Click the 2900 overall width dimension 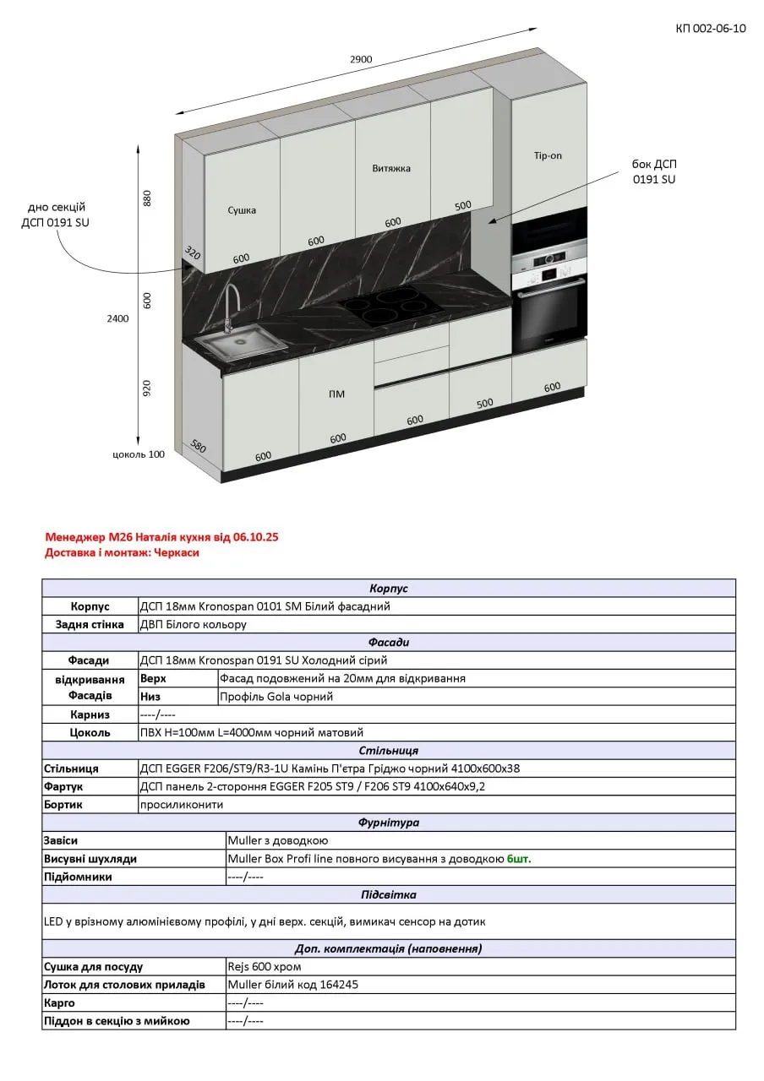click(x=361, y=59)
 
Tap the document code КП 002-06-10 click(x=711, y=29)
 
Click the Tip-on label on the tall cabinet click(x=548, y=155)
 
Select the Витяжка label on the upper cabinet click(x=391, y=168)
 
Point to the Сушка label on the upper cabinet click(x=242, y=210)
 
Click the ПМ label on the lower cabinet click(x=336, y=394)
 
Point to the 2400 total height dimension click(x=117, y=318)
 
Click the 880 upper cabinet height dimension click(x=147, y=198)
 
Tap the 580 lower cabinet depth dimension click(x=199, y=445)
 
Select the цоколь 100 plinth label click(x=139, y=454)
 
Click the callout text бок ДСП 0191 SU click(x=654, y=171)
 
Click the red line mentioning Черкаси click(x=122, y=553)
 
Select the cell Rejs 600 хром click(x=264, y=967)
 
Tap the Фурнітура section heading click(x=389, y=823)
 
